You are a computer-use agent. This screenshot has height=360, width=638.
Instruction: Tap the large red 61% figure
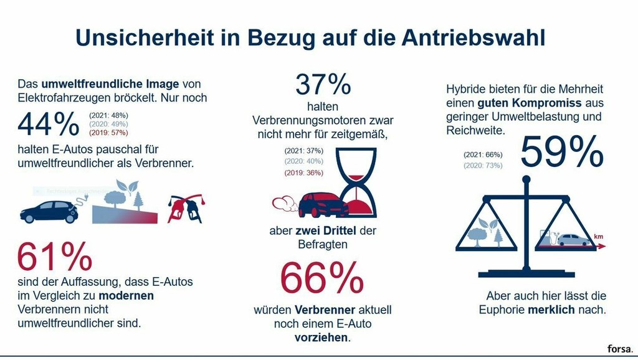tap(55, 256)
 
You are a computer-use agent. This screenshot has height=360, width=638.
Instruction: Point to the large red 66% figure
tap(322, 278)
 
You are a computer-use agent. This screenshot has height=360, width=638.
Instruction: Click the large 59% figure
tap(561, 151)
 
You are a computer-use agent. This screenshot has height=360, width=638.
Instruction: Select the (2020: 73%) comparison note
tap(483, 165)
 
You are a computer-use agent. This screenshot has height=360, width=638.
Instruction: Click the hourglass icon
tap(356, 181)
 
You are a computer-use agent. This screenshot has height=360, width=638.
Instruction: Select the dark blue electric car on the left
tap(49, 212)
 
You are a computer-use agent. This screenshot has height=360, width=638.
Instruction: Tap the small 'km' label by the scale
tap(599, 237)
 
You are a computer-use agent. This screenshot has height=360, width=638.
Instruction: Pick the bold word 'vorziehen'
tap(322, 338)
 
